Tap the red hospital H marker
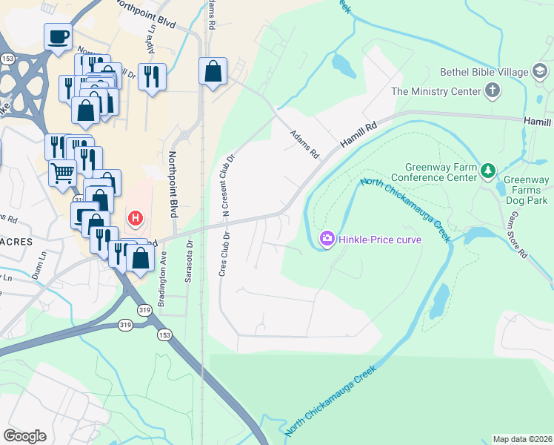click(x=136, y=218)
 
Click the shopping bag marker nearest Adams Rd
click(x=213, y=72)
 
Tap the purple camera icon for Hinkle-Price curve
click(x=326, y=238)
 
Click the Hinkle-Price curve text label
click(x=379, y=239)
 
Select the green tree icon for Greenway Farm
click(x=487, y=171)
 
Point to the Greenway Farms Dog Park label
click(x=527, y=190)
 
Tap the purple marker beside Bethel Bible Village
click(x=541, y=72)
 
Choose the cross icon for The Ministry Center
click(x=492, y=91)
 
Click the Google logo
click(x=24, y=435)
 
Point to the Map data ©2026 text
click(x=521, y=438)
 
